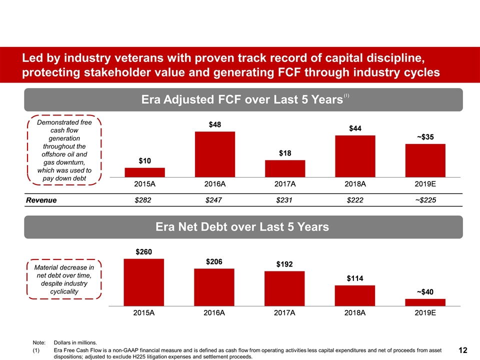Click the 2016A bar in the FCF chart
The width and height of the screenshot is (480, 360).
coord(215,154)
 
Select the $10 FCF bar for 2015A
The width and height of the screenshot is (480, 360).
coord(145,172)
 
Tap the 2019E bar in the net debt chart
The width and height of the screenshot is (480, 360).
coord(425,302)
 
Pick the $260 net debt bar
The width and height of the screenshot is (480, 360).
coord(144,282)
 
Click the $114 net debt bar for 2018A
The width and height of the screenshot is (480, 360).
coord(355,295)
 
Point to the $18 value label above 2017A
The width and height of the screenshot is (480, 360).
coord(285,152)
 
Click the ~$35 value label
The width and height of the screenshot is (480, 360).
coord(425,136)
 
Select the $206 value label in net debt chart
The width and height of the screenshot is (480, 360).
coord(214,261)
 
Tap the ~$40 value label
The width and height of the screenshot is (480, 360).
coord(425,291)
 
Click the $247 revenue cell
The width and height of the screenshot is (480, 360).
coord(215,200)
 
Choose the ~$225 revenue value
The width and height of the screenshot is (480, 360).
coord(425,200)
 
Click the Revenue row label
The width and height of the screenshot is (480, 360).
coord(41,200)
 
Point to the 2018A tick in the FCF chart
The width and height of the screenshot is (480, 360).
coord(355,184)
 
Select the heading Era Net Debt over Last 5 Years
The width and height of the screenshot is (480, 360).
coord(243,227)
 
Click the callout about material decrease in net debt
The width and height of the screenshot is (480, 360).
coord(64,279)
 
